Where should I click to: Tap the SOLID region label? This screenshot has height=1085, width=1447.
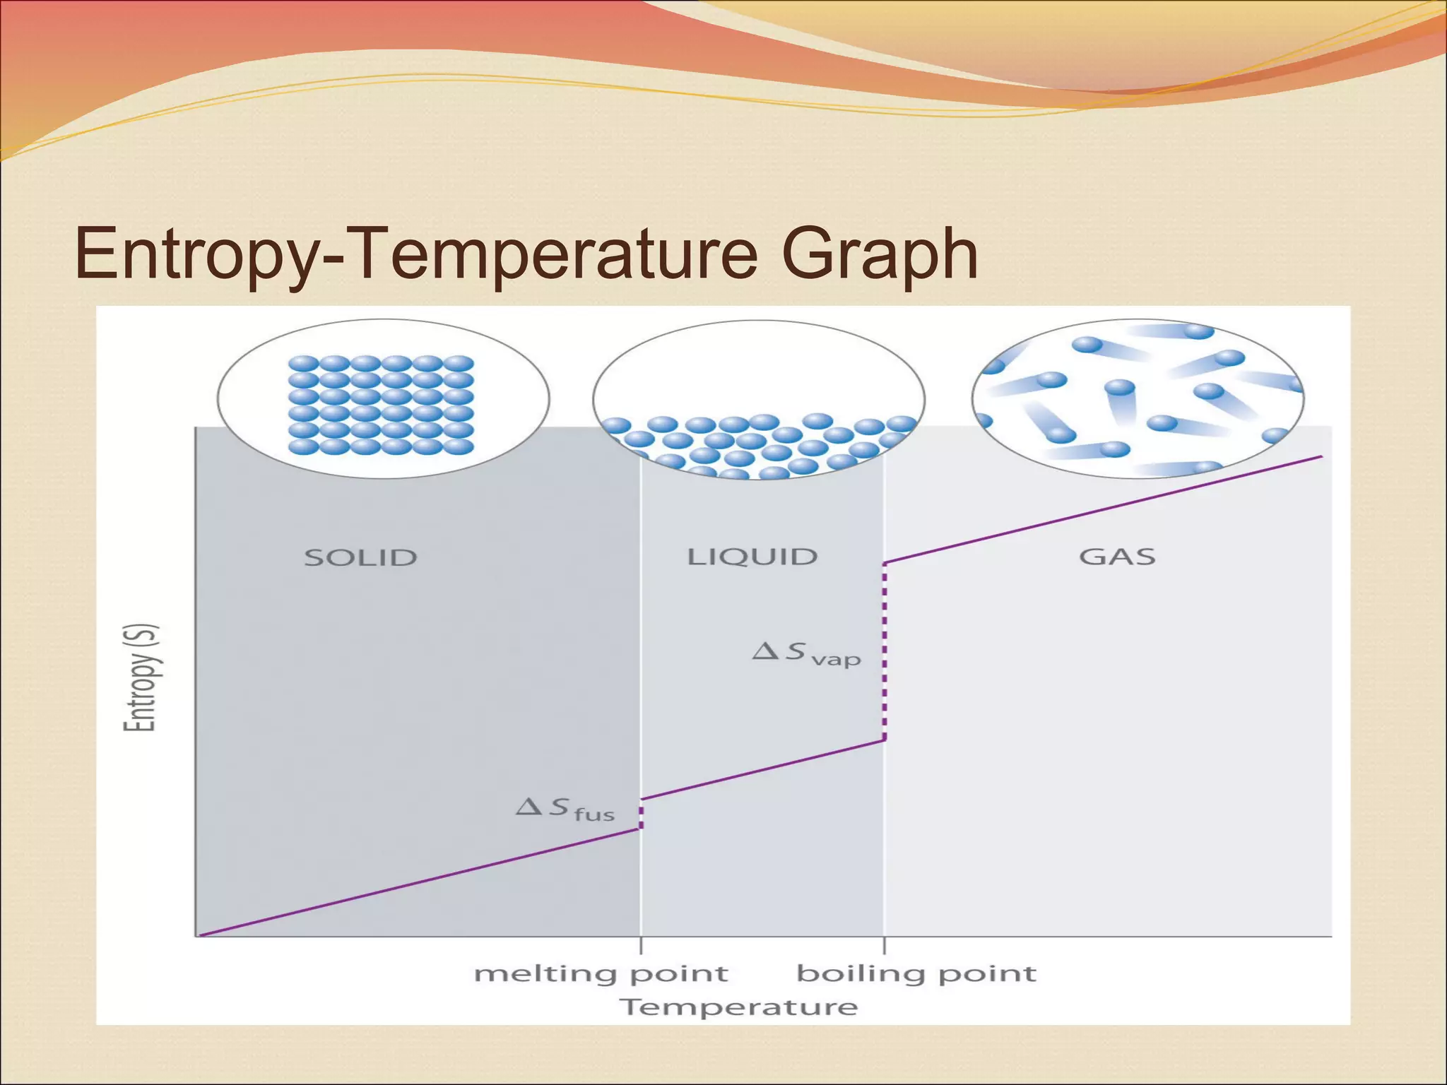coord(360,557)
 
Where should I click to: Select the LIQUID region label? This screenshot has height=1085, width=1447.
coord(752,557)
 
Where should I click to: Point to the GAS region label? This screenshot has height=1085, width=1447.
coord(1117,557)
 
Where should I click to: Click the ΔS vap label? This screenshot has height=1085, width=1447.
coord(806,653)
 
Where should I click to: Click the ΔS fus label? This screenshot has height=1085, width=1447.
coord(565,809)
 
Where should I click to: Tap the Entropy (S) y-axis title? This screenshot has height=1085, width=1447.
coord(141,677)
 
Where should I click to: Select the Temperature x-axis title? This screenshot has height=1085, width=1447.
coord(738,1007)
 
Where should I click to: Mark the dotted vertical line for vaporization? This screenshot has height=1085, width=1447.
coord(884,651)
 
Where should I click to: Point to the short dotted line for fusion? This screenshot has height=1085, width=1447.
coord(641,814)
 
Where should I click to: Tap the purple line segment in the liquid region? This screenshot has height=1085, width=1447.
coord(762,770)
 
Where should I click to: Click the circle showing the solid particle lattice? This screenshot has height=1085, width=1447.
coord(383,399)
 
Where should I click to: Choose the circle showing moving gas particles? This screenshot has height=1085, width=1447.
coord(1138,399)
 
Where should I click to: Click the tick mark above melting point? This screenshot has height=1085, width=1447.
coord(641,945)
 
